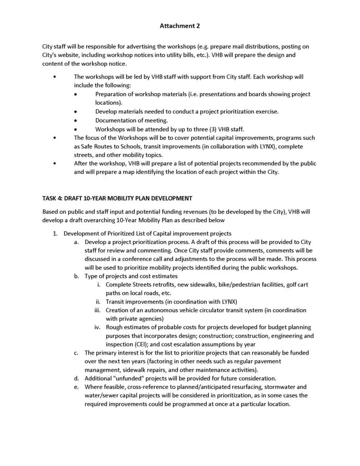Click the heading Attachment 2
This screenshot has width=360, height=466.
pyautogui.click(x=180, y=26)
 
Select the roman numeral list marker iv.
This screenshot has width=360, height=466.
pyautogui.click(x=97, y=327)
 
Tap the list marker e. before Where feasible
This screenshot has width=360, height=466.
pyautogui.click(x=76, y=387)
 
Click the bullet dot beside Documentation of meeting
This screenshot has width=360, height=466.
pyautogui.click(x=76, y=120)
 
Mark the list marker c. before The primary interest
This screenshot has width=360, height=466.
pyautogui.click(x=76, y=353)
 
